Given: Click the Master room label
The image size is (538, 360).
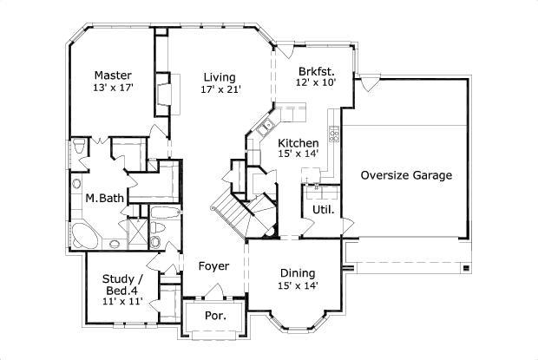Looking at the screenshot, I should pos(113,75).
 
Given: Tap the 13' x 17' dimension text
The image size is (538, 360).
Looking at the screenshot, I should pos(113,88).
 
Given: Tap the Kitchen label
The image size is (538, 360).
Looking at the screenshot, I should pos(298,142).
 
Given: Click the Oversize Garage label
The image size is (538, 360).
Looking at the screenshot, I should pos(406,174).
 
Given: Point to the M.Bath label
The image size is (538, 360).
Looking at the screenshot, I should pos(103,198).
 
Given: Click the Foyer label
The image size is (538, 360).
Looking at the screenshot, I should pos(213,265).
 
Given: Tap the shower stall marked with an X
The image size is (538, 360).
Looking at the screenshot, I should pos(137,232).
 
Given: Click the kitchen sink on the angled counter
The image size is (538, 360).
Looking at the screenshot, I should pos(260,131).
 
